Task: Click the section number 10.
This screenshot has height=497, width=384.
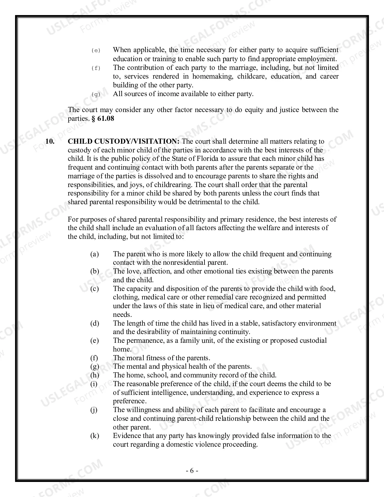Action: (x=50, y=141)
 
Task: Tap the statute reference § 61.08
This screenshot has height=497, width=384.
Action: (x=103, y=118)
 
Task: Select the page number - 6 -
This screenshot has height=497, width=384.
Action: (x=192, y=471)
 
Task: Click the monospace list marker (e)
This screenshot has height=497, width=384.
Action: (x=96, y=50)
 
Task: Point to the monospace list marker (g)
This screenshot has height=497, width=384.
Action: (x=96, y=95)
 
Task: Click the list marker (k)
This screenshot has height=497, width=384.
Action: (x=95, y=436)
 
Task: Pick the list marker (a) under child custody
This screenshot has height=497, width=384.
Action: (x=95, y=254)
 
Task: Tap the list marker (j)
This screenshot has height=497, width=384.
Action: (x=94, y=410)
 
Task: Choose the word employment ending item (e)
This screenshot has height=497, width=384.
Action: (x=319, y=59)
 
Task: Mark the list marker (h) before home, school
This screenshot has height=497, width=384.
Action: (x=95, y=375)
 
